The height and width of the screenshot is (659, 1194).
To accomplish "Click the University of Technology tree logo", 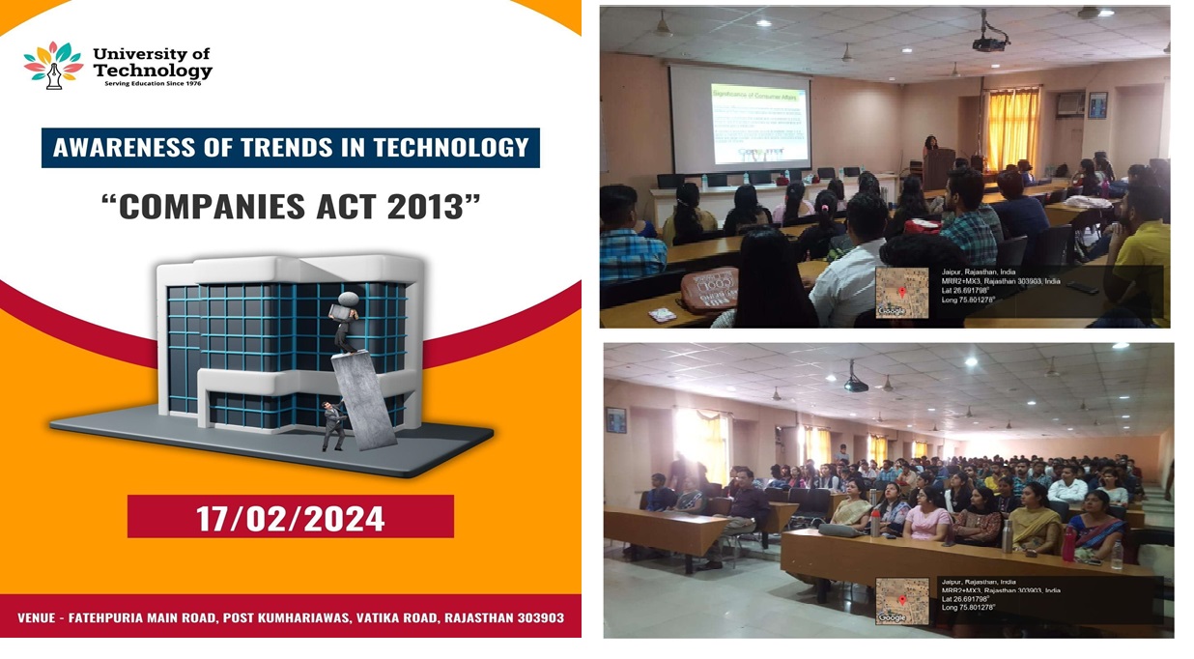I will coord(53,65).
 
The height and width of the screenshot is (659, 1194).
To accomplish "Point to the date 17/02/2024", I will coord(290,518).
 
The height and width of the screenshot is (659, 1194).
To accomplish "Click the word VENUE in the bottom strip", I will coord(43,617).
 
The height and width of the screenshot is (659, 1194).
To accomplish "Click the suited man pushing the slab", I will coord(333,425).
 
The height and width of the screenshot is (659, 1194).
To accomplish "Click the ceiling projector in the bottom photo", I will coord(855,384).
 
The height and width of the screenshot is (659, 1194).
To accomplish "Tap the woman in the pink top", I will coord(926,513).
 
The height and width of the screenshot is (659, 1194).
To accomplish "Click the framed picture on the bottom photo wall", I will coord(616,420).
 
